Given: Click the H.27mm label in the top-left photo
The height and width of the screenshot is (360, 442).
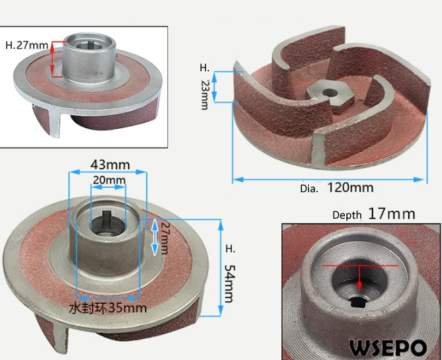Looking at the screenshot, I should tap(26, 46).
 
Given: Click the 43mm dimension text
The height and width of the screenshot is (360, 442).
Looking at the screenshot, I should tap(106, 164).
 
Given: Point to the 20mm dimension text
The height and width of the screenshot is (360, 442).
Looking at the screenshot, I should tap(108, 180).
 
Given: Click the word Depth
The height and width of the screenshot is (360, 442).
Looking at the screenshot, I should tap(347, 215).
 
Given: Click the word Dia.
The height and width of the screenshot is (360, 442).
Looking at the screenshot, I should tap(309, 188).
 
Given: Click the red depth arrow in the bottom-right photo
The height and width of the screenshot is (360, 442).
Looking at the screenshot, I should tap(359, 277).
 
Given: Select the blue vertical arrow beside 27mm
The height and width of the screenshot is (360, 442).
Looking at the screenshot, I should tap(155, 237).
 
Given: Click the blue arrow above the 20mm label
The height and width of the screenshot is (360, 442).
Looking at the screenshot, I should tap(108, 188).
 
